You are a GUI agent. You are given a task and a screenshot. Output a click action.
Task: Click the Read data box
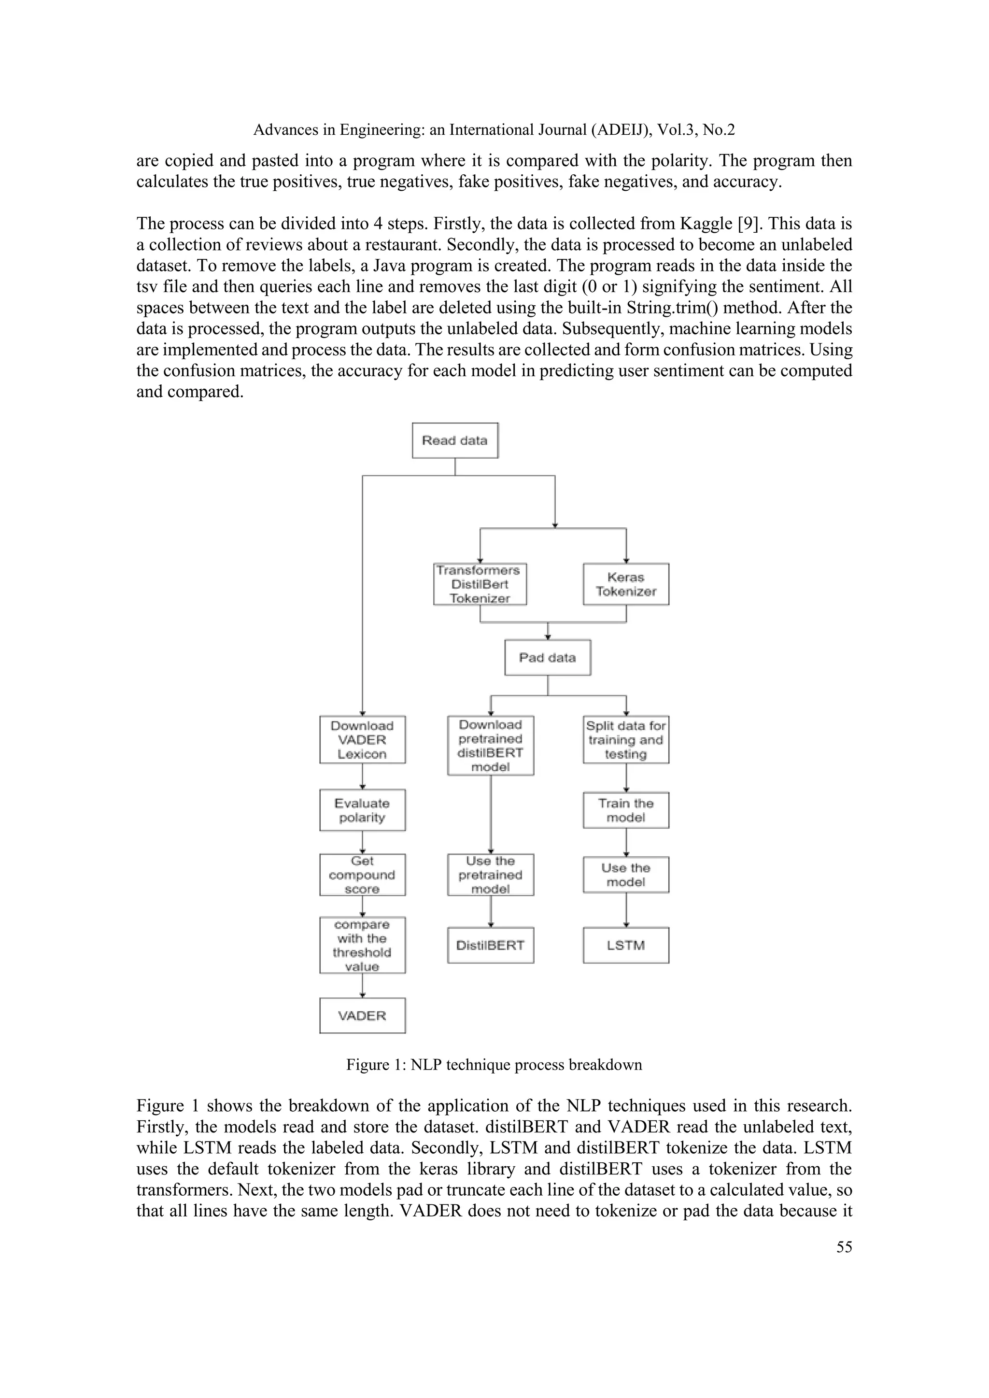[x=455, y=440]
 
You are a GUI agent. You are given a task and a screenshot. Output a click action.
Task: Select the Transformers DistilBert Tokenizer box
[x=480, y=584]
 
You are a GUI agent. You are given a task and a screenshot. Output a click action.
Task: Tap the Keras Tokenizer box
[x=626, y=584]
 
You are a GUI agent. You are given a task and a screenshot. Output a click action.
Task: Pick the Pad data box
[x=548, y=658]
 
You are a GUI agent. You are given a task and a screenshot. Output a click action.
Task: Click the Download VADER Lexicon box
[x=362, y=740]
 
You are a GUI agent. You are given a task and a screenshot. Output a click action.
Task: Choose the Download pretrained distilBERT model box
[x=491, y=745]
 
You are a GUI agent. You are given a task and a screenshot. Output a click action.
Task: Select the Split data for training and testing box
[x=626, y=740]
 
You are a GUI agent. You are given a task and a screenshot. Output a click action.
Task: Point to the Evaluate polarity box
[x=362, y=810]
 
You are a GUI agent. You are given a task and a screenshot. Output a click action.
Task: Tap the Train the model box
[x=626, y=810]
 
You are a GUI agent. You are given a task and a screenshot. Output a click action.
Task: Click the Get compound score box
[x=362, y=875]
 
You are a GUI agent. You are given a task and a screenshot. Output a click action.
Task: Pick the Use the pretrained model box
[x=491, y=875]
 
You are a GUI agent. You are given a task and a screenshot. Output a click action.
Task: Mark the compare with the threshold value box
[x=362, y=946]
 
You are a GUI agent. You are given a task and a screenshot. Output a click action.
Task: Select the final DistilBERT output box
[x=491, y=946]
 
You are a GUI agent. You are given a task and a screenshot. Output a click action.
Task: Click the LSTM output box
[x=626, y=946]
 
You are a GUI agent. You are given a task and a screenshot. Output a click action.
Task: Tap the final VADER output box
[x=362, y=1016]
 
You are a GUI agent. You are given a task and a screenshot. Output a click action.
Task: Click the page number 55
[x=844, y=1247]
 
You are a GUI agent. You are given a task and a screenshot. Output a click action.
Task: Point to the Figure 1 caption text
[x=494, y=1064]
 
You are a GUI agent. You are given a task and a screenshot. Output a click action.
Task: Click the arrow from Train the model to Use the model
[x=626, y=843]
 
